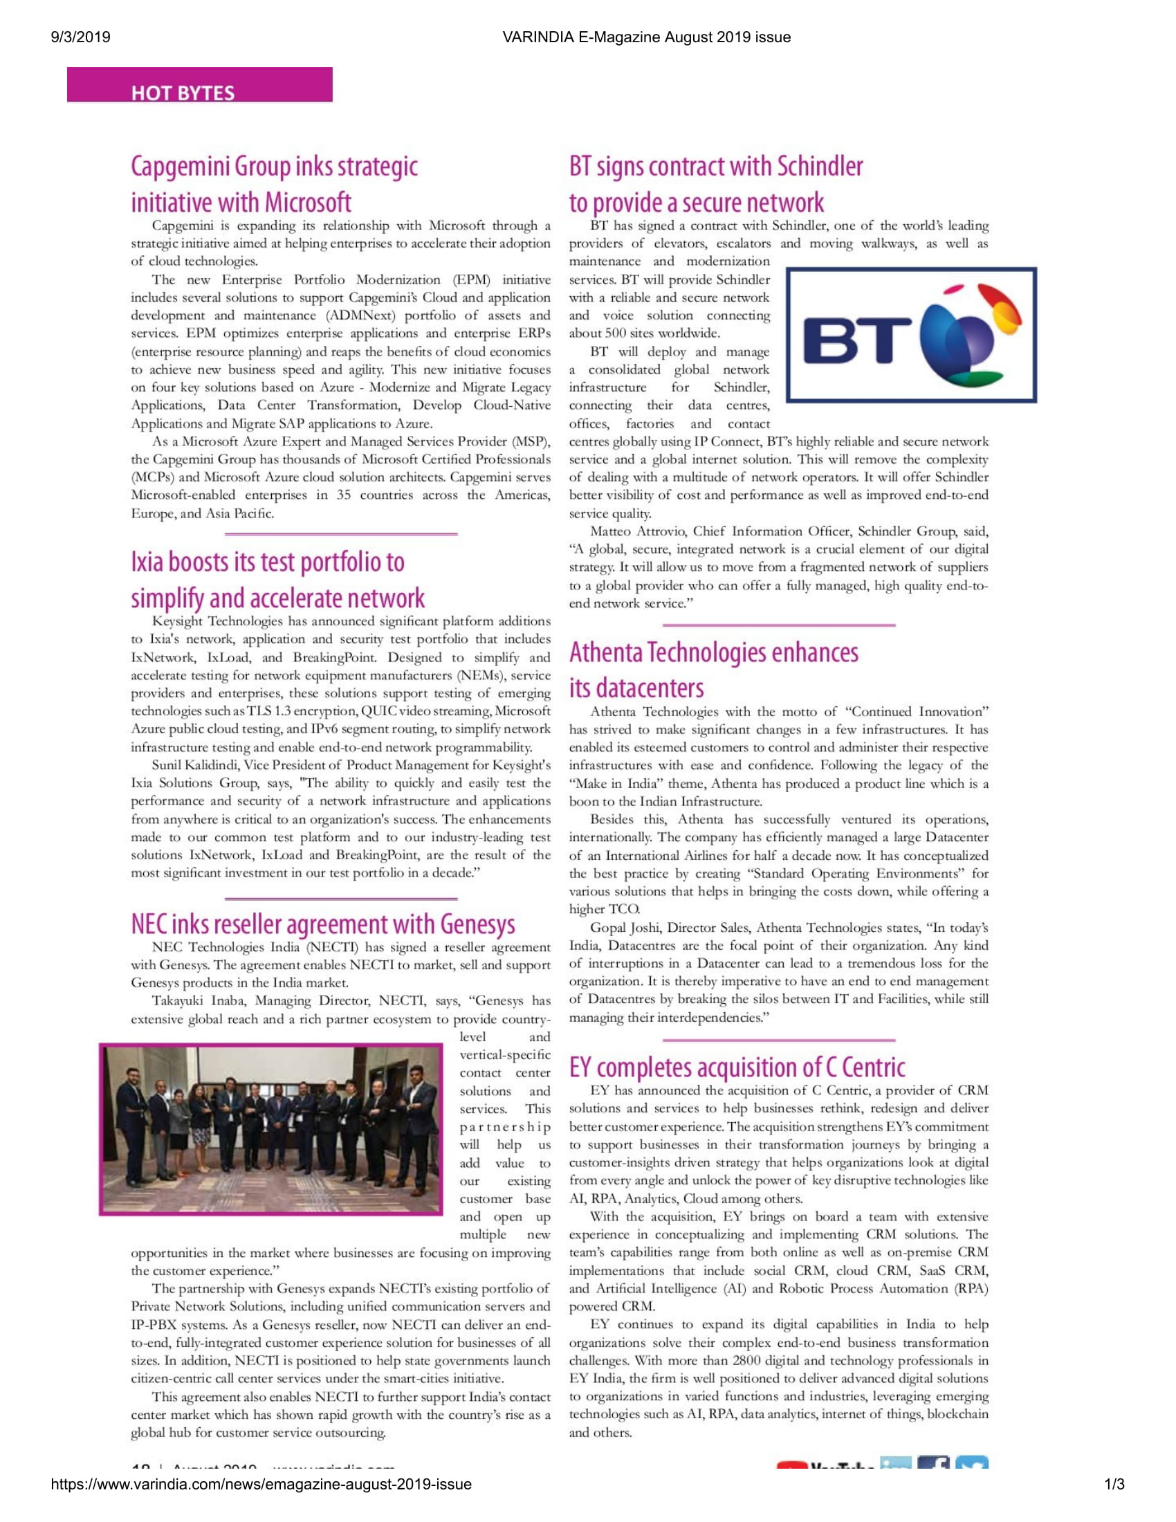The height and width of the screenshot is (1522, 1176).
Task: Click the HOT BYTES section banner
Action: (x=199, y=85)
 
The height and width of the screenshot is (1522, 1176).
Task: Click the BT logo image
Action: (x=911, y=336)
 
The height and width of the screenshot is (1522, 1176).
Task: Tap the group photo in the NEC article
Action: (x=271, y=1130)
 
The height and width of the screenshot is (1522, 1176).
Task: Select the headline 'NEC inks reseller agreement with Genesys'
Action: (x=322, y=924)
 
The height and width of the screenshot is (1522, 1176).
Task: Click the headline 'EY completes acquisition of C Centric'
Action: (x=737, y=1067)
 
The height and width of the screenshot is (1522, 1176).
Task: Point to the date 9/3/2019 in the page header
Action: (x=81, y=37)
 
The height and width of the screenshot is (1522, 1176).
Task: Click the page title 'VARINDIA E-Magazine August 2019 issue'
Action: (x=646, y=37)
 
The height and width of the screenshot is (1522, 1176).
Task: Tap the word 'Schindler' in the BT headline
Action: (x=820, y=167)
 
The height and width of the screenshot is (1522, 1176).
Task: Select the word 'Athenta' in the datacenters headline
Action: (x=605, y=653)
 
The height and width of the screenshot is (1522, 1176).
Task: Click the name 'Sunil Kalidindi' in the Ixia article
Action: (x=195, y=765)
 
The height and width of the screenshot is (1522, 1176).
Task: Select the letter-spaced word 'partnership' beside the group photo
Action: (x=504, y=1128)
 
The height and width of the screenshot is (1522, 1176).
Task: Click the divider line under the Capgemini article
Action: (x=340, y=535)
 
